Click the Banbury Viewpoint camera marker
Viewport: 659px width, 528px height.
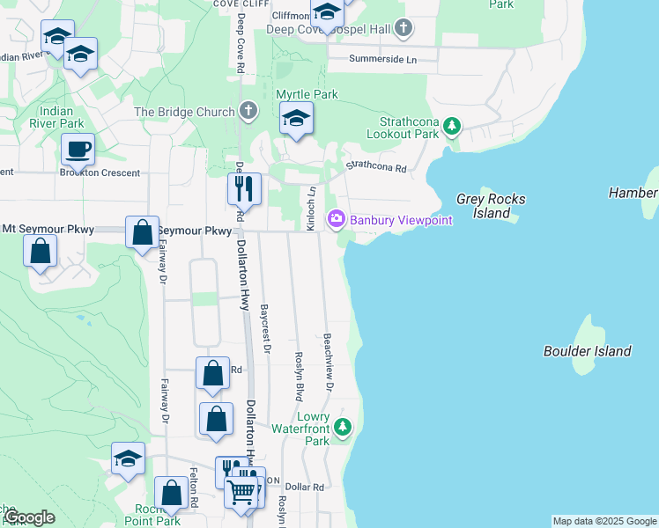337,219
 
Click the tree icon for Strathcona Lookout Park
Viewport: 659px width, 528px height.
452,127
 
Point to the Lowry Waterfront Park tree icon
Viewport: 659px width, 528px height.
344,429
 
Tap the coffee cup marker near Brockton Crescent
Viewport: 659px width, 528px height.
78,150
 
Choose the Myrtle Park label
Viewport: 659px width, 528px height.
307,94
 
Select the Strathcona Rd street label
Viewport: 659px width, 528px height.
375,165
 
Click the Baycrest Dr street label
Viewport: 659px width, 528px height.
265,327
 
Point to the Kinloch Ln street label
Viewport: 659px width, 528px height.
310,209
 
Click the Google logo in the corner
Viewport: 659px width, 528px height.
29,517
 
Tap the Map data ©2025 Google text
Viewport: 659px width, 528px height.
603,521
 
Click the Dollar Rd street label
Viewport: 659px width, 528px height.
305,487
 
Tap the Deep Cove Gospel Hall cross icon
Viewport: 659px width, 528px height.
404,28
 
